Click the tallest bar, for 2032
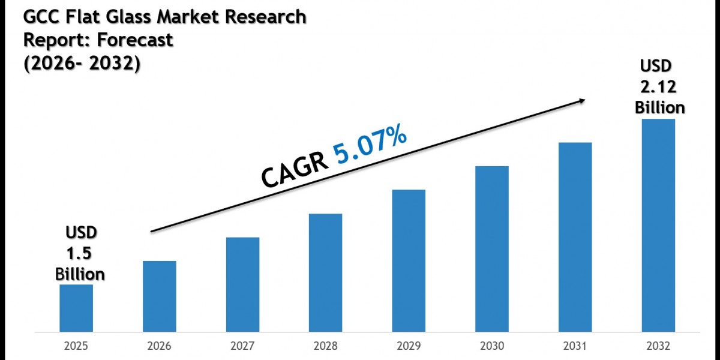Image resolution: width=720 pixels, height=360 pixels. pyautogui.click(x=659, y=224)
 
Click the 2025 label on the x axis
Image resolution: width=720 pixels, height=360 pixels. pyautogui.click(x=76, y=347)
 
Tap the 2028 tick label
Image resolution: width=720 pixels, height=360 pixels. pyautogui.click(x=326, y=347)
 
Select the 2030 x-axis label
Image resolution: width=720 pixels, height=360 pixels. pyautogui.click(x=492, y=347)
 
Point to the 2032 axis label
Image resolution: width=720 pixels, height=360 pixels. pyautogui.click(x=659, y=347)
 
